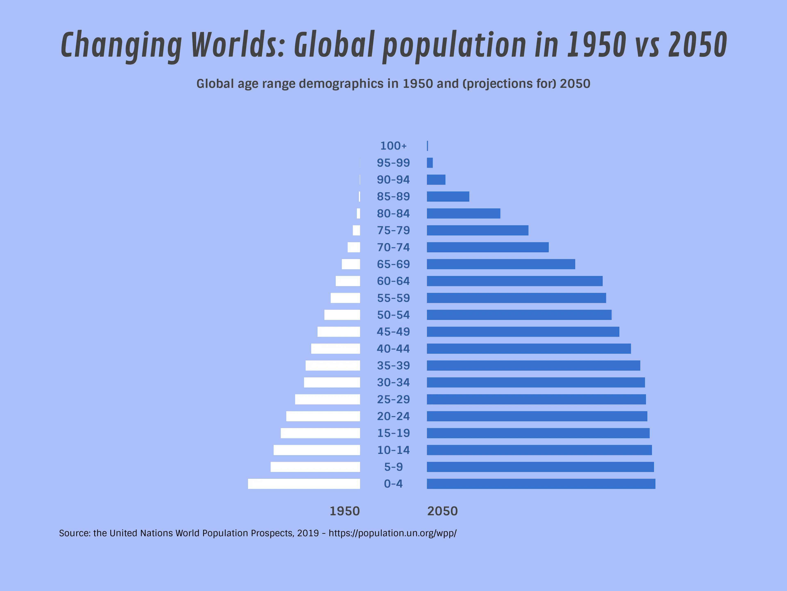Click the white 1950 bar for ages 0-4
click(304, 484)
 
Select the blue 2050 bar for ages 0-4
click(541, 484)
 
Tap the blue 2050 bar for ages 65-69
click(501, 264)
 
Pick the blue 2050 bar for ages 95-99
click(430, 163)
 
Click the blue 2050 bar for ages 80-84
click(463, 213)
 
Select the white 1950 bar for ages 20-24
click(323, 416)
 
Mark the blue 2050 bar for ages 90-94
click(436, 180)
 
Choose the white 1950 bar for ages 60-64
click(348, 281)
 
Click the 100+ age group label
click(393, 146)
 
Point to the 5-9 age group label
click(393, 467)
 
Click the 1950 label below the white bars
click(344, 511)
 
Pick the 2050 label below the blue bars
click(442, 511)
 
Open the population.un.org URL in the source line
click(392, 533)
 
